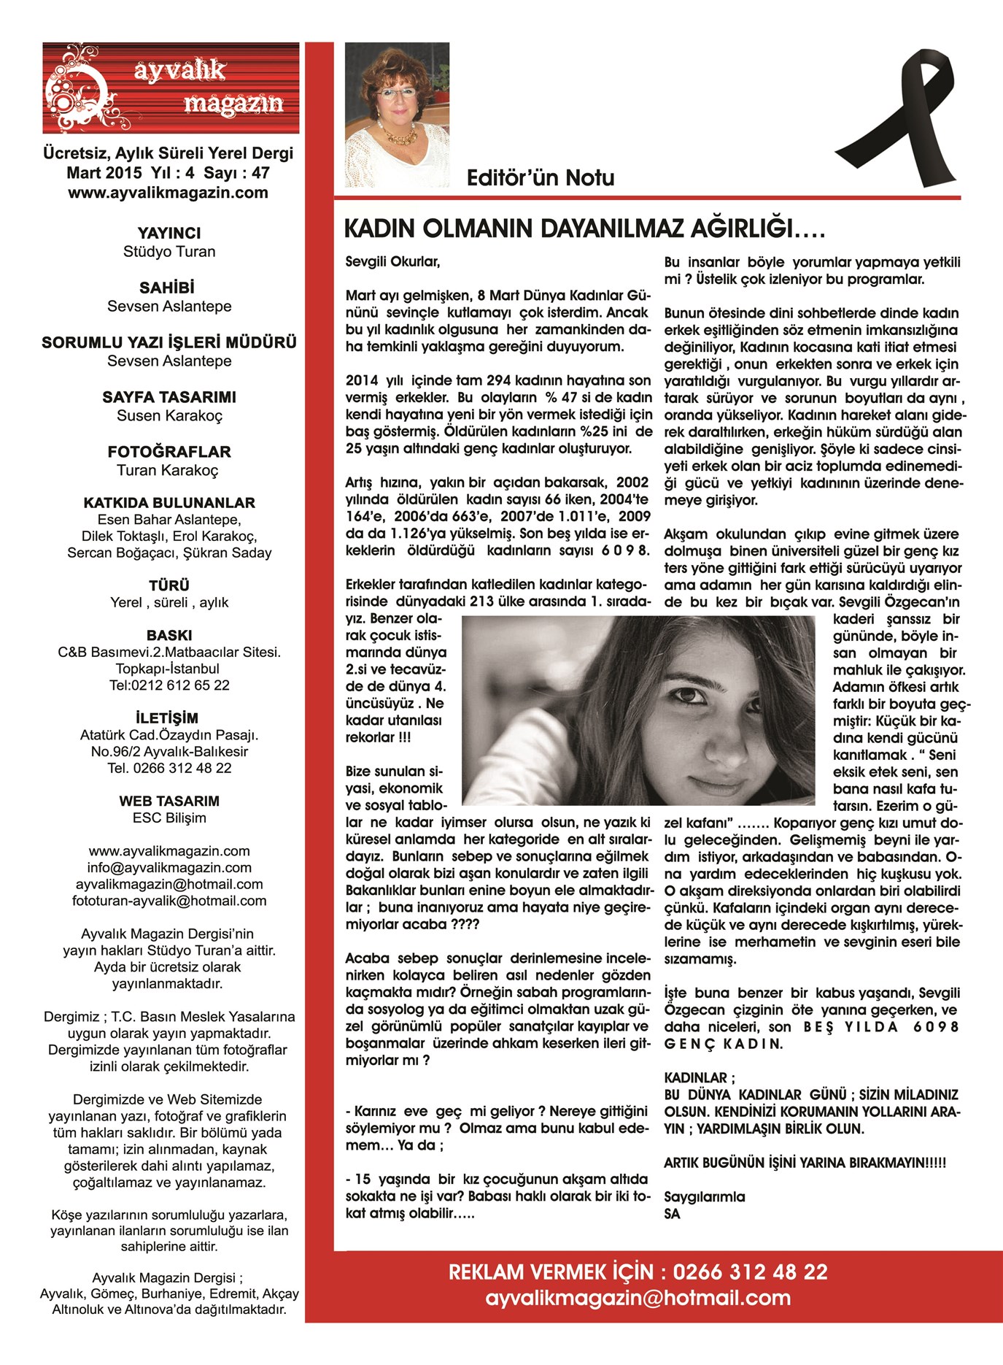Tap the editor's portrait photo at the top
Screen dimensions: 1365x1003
point(397,115)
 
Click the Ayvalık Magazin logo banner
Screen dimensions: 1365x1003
point(171,88)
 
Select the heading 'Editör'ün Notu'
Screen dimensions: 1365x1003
point(540,178)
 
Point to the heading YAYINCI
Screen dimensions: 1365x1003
point(169,234)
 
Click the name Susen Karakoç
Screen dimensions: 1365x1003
point(169,416)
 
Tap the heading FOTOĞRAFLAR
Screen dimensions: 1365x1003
point(169,452)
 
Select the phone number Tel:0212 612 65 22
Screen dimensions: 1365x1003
point(169,685)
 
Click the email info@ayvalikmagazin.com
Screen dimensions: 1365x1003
point(169,868)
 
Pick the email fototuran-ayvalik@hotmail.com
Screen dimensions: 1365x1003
point(169,901)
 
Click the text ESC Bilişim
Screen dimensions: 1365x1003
point(169,818)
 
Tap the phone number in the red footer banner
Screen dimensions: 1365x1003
point(750,1272)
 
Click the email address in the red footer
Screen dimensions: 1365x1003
point(638,1298)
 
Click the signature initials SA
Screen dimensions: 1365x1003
point(672,1214)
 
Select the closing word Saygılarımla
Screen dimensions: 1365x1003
point(704,1197)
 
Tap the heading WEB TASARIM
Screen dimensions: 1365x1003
point(169,801)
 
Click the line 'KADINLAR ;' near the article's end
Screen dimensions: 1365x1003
point(699,1078)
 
